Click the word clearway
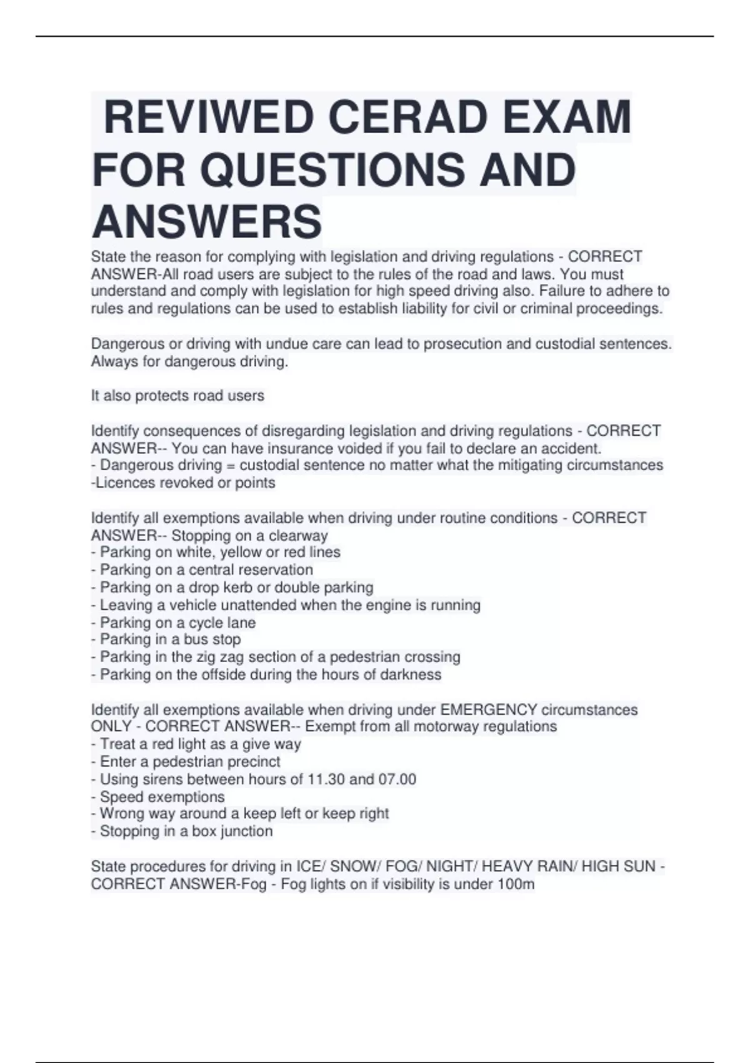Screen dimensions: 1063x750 point(298,535)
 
